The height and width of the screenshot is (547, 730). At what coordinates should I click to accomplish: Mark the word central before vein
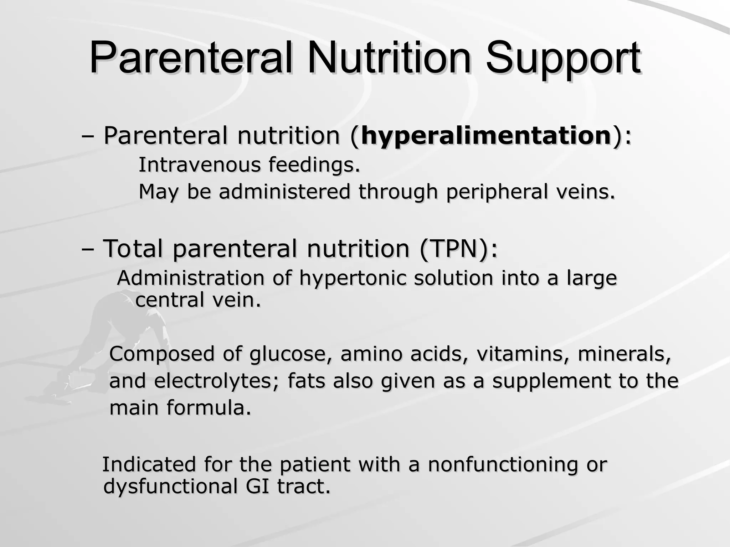click(169, 300)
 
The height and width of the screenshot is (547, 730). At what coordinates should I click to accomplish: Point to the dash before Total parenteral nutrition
click(88, 249)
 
